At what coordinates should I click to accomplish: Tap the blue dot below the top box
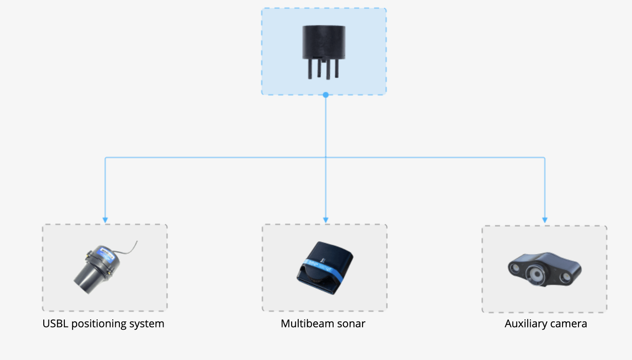click(x=326, y=95)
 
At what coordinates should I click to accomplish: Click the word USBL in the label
click(x=55, y=324)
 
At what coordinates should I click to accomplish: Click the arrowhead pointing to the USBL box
click(x=105, y=220)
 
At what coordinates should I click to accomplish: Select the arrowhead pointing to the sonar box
click(x=326, y=220)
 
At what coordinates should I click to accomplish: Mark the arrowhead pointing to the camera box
click(x=545, y=220)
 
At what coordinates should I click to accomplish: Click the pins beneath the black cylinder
click(x=323, y=69)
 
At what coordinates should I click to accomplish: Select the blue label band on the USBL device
click(x=107, y=253)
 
